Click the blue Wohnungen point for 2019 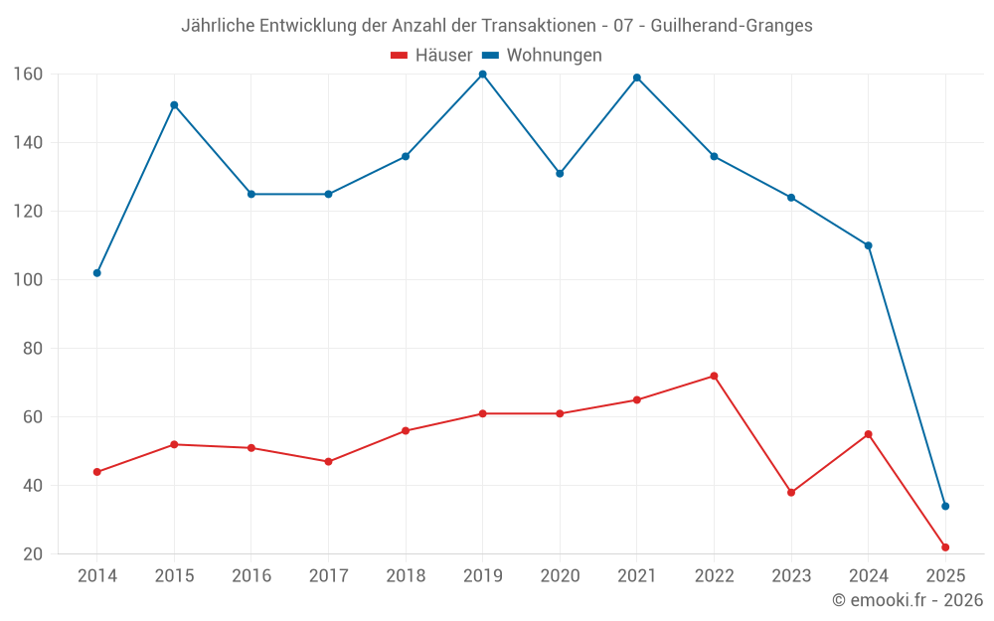482,75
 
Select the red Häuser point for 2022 714,376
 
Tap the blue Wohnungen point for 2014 96,272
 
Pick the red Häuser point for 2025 945,547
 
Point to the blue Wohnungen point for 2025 945,506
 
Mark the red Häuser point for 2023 791,492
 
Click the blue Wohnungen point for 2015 174,105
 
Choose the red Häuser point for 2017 328,461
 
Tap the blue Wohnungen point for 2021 637,78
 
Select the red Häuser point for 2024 869,434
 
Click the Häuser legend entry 432,56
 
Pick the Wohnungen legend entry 543,56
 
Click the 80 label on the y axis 32,349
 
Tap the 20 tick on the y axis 32,554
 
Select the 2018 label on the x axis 406,576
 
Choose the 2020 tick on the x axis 560,576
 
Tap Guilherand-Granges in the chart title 732,26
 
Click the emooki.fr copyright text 908,600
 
